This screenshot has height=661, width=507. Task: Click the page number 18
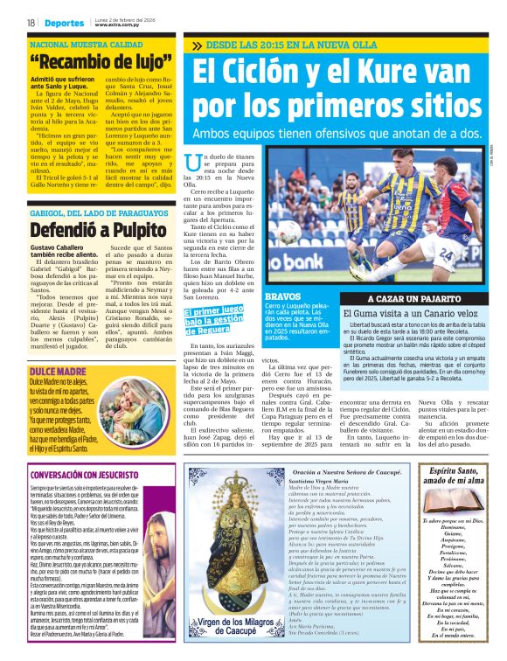[31, 23]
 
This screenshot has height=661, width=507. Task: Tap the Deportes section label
[65, 23]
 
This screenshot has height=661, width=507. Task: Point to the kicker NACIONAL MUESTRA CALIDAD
[84, 44]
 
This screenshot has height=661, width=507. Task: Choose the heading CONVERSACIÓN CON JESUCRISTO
[88, 475]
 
